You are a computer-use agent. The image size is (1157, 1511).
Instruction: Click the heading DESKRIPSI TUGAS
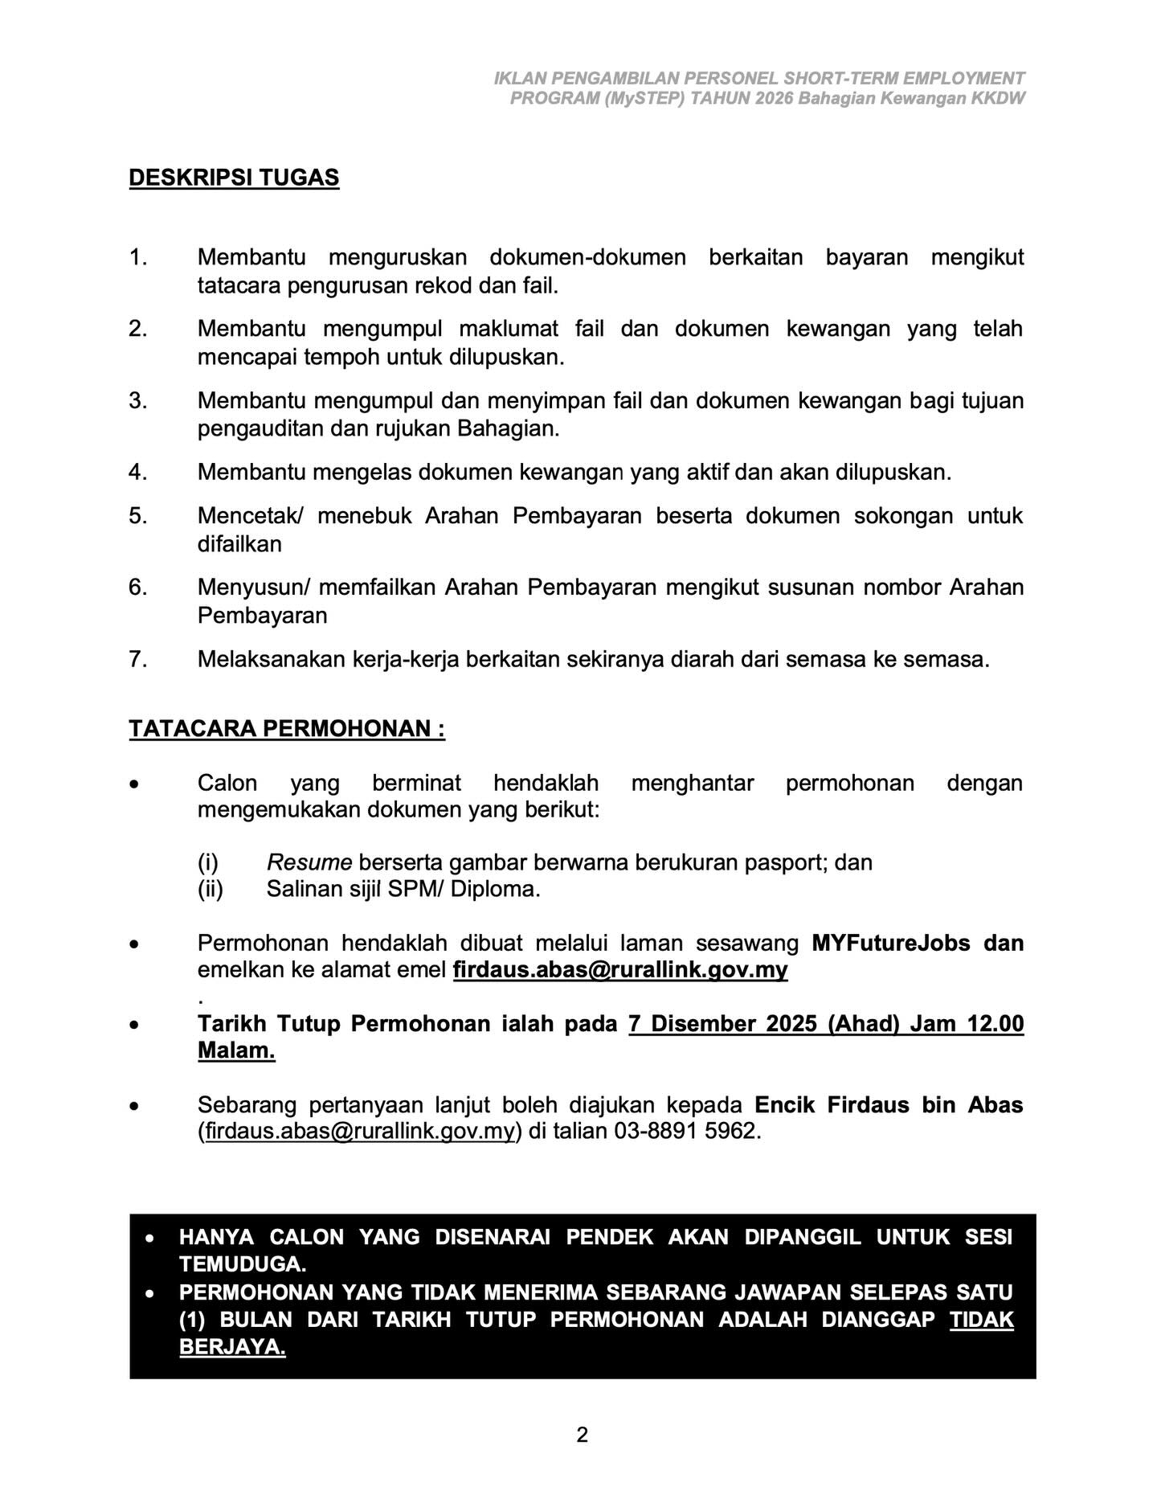pyautogui.click(x=234, y=178)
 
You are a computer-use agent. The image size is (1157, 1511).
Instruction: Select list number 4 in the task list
pyautogui.click(x=137, y=472)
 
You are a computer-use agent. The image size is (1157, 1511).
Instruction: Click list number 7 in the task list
pyautogui.click(x=137, y=660)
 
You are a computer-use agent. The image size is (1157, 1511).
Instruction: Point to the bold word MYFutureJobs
pyautogui.click(x=891, y=943)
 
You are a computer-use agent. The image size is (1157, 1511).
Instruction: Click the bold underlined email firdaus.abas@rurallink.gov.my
pyautogui.click(x=620, y=970)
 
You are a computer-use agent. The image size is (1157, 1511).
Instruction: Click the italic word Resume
pyautogui.click(x=309, y=862)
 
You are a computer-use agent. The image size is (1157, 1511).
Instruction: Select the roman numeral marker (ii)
pyautogui.click(x=211, y=890)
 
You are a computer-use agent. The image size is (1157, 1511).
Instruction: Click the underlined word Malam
pyautogui.click(x=236, y=1051)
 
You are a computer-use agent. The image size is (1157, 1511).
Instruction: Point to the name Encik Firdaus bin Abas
pyautogui.click(x=889, y=1105)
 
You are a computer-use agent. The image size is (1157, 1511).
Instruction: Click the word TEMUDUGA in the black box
pyautogui.click(x=243, y=1264)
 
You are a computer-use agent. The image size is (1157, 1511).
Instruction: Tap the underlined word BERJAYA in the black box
pyautogui.click(x=232, y=1347)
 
